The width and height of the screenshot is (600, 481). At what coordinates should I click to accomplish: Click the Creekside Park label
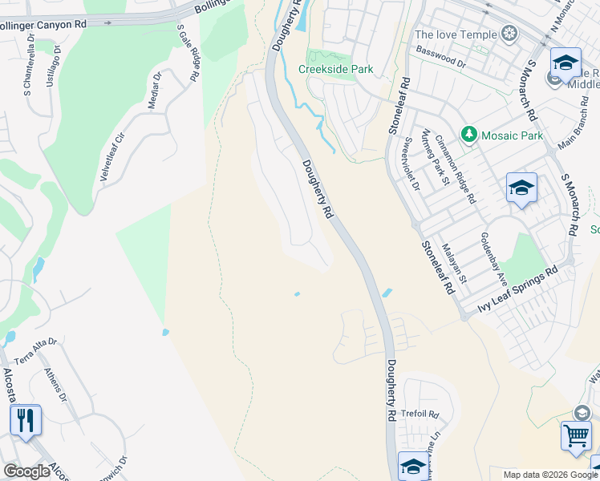click(x=336, y=70)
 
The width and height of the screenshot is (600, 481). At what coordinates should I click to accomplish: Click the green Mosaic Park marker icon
click(x=469, y=135)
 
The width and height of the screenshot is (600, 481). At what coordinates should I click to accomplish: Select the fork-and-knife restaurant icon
click(x=26, y=419)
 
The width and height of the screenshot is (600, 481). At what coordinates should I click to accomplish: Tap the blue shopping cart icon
click(x=576, y=437)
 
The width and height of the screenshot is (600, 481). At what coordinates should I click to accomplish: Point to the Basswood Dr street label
click(x=440, y=56)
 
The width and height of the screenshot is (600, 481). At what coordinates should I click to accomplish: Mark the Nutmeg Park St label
click(x=434, y=157)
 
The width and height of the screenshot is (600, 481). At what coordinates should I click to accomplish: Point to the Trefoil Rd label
click(x=421, y=414)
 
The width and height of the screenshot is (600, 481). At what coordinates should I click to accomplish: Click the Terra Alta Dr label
click(x=35, y=351)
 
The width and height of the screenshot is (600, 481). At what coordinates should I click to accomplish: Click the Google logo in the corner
click(x=27, y=471)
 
